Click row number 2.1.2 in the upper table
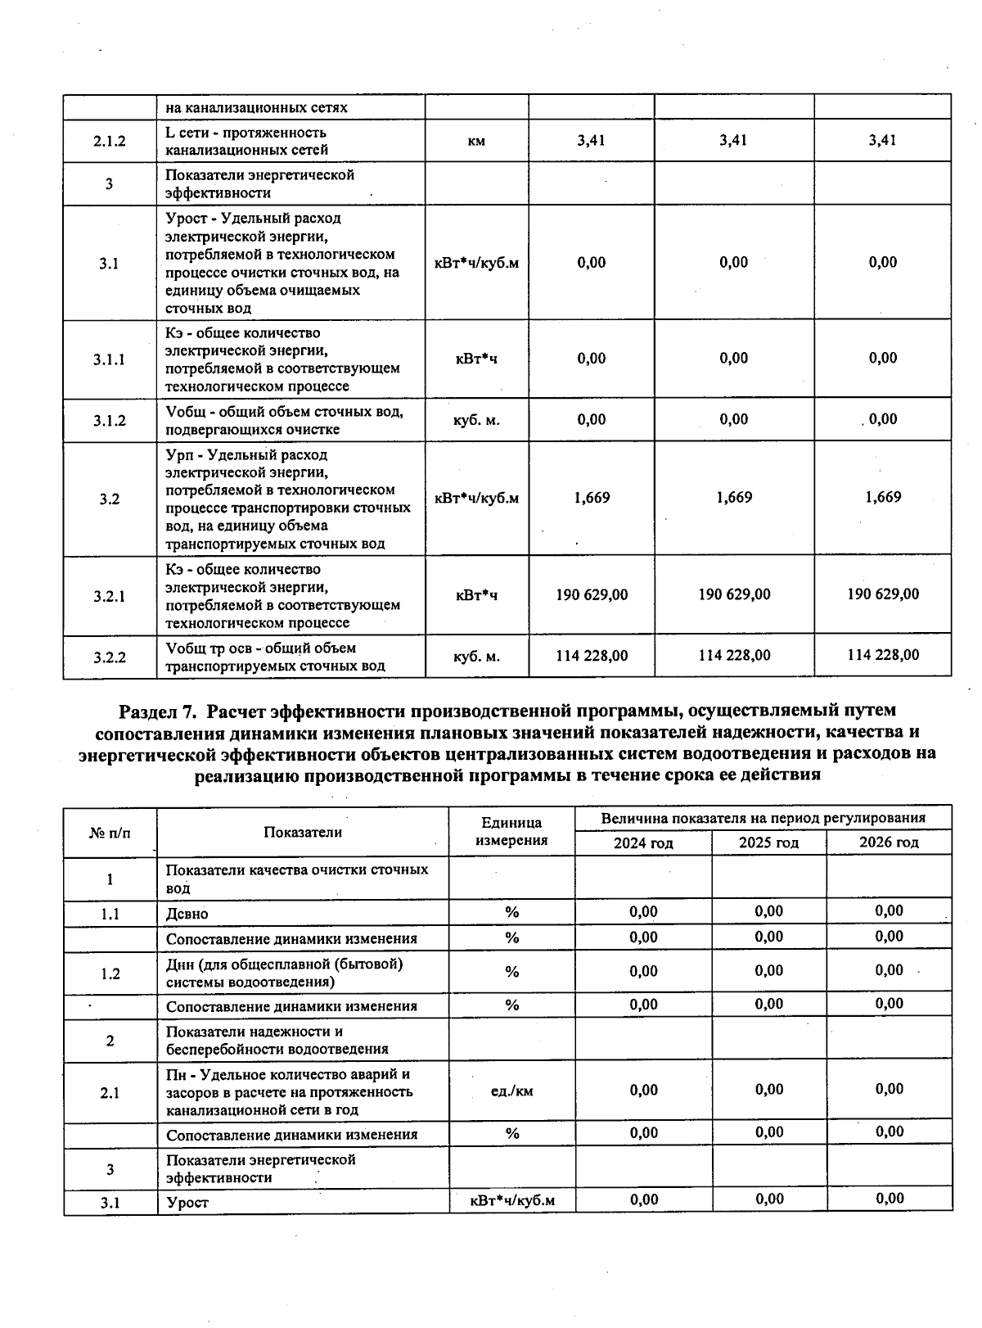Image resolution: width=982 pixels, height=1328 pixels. [109, 141]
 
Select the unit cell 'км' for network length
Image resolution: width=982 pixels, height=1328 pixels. [476, 141]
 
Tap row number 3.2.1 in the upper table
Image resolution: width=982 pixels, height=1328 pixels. [109, 596]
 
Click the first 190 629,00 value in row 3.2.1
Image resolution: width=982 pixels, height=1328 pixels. [592, 594]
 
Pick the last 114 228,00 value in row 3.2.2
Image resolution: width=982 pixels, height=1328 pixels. [882, 655]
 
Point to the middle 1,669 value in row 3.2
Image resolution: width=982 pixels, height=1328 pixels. [734, 498]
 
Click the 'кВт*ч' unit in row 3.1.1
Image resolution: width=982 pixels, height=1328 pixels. [476, 359]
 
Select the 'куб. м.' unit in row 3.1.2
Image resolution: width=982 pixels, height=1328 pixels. [476, 420]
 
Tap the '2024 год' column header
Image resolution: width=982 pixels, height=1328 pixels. [643, 842]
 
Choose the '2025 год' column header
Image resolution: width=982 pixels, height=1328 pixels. [768, 842]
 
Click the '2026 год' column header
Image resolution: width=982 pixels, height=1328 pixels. [889, 842]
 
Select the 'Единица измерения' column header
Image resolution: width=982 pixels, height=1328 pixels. [511, 831]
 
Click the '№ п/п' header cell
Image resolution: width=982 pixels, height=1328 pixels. [110, 833]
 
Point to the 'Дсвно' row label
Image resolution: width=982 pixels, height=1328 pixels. [187, 914]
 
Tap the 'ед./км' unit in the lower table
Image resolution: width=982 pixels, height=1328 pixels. [511, 1091]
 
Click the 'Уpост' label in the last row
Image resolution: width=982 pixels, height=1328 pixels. [187, 1203]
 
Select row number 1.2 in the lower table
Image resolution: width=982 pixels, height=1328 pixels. [110, 973]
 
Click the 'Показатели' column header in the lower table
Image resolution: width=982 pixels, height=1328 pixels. [302, 832]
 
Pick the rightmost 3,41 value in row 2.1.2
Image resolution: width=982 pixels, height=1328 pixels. [882, 140]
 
